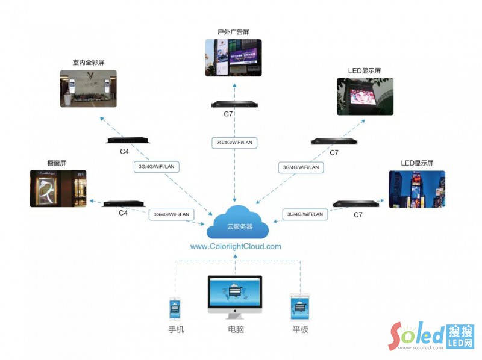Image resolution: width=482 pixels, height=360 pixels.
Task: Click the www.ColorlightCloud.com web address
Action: [x=236, y=246]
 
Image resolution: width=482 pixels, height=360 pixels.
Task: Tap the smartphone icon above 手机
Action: [x=175, y=309]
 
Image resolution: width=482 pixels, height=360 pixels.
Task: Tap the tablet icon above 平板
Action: [x=299, y=308]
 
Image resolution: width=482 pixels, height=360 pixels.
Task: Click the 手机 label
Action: [x=175, y=330]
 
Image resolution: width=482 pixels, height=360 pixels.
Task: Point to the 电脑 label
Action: [x=236, y=330]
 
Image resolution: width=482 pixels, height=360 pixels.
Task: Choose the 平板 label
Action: [x=300, y=330]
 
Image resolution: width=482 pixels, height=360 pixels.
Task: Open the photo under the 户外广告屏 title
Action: [x=234, y=58]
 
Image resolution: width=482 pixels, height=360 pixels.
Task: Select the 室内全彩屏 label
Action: [x=88, y=62]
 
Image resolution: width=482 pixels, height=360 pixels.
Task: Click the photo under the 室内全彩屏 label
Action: [x=88, y=88]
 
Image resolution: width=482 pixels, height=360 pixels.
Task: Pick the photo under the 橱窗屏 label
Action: [x=58, y=188]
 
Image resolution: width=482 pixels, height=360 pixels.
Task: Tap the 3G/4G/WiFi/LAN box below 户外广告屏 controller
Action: [x=235, y=143]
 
